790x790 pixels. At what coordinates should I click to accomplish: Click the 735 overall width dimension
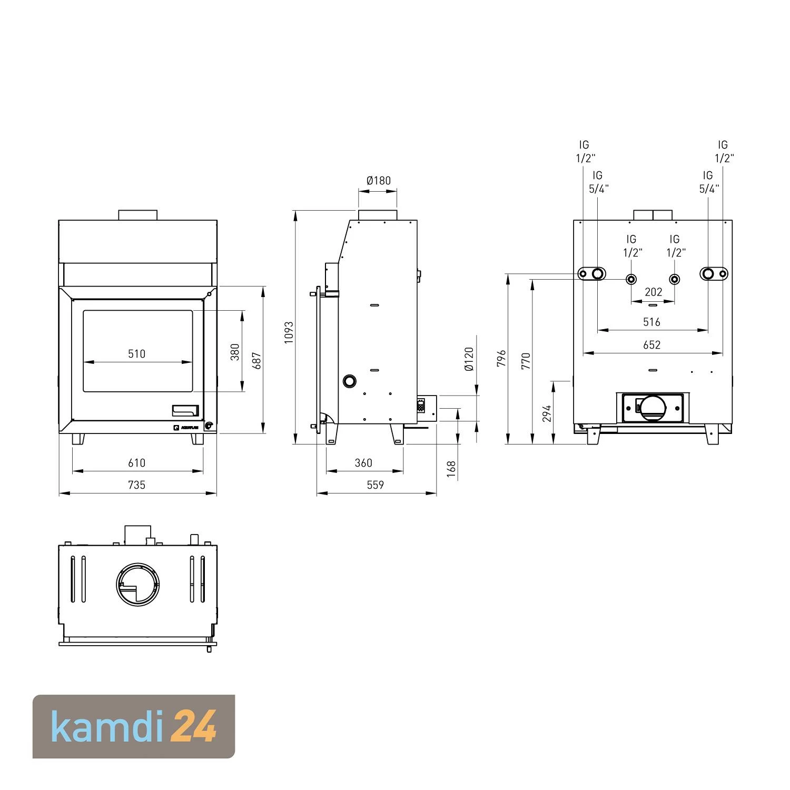point(136,485)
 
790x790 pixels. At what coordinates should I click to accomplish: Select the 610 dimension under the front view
point(136,462)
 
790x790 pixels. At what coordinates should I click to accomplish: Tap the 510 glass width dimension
point(136,353)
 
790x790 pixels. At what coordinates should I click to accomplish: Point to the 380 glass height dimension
point(235,352)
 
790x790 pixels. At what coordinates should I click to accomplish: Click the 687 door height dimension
point(257,360)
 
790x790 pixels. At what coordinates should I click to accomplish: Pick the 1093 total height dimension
point(289,332)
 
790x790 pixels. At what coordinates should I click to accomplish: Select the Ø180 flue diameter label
point(378,181)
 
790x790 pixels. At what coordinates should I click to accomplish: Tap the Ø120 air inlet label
point(469,359)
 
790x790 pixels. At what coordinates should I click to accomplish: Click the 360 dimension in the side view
point(363,462)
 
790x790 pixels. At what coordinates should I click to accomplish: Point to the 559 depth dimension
point(375,485)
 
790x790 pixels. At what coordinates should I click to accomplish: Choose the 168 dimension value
point(451,469)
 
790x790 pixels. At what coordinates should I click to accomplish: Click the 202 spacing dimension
point(653,292)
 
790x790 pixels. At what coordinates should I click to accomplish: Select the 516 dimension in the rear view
point(651,322)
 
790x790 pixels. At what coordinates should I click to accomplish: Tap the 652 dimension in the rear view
point(651,344)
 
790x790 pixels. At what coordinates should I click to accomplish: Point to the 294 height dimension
point(547,413)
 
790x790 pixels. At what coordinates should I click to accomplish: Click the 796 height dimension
point(501,358)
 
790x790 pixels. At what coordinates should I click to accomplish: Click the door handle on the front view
point(185,410)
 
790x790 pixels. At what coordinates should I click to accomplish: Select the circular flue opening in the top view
point(138,584)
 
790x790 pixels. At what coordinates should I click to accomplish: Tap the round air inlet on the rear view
point(652,408)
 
